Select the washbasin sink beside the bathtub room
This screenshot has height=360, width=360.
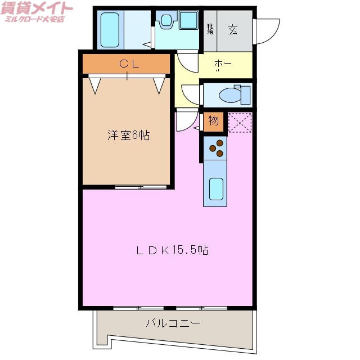(x=167, y=22)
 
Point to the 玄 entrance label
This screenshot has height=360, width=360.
(x=232, y=30)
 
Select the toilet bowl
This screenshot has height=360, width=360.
(x=231, y=94)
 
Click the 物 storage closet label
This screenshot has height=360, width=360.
(x=214, y=120)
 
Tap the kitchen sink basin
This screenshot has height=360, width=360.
(x=216, y=188)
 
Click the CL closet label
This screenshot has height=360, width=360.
(x=127, y=64)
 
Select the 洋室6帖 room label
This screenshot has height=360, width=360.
(x=128, y=136)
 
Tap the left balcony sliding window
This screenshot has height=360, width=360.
(x=138, y=308)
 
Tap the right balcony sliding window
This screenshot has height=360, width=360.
(x=200, y=308)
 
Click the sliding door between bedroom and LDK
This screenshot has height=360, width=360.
(x=141, y=186)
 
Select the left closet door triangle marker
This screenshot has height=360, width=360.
(x=94, y=84)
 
